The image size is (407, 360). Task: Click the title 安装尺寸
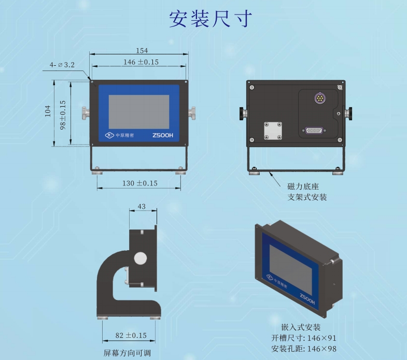tap(210, 19)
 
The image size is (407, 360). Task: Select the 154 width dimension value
tap(142, 51)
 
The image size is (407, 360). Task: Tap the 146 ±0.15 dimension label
tap(141, 62)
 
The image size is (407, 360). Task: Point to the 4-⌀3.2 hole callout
tap(62, 65)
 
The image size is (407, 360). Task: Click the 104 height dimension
tap(48, 111)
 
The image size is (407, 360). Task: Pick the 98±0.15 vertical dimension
tap(63, 115)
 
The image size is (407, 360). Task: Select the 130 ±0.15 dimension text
tap(140, 183)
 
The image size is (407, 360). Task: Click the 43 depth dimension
tap(142, 207)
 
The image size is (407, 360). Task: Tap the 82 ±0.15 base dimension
tap(131, 335)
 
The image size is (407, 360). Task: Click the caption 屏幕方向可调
tap(127, 353)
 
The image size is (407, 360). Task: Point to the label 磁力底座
tap(303, 186)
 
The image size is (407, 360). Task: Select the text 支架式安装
tap(307, 197)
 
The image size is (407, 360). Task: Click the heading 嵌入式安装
tap(301, 327)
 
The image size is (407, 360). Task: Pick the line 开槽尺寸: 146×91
tap(304, 338)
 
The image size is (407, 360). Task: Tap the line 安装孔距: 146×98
tap(304, 349)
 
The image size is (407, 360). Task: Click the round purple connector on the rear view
tap(320, 98)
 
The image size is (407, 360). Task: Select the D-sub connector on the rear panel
tap(314, 130)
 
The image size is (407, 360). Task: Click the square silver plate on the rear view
tap(273, 131)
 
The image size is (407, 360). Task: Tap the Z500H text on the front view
tap(163, 135)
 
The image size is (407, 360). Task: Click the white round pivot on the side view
tap(141, 258)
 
